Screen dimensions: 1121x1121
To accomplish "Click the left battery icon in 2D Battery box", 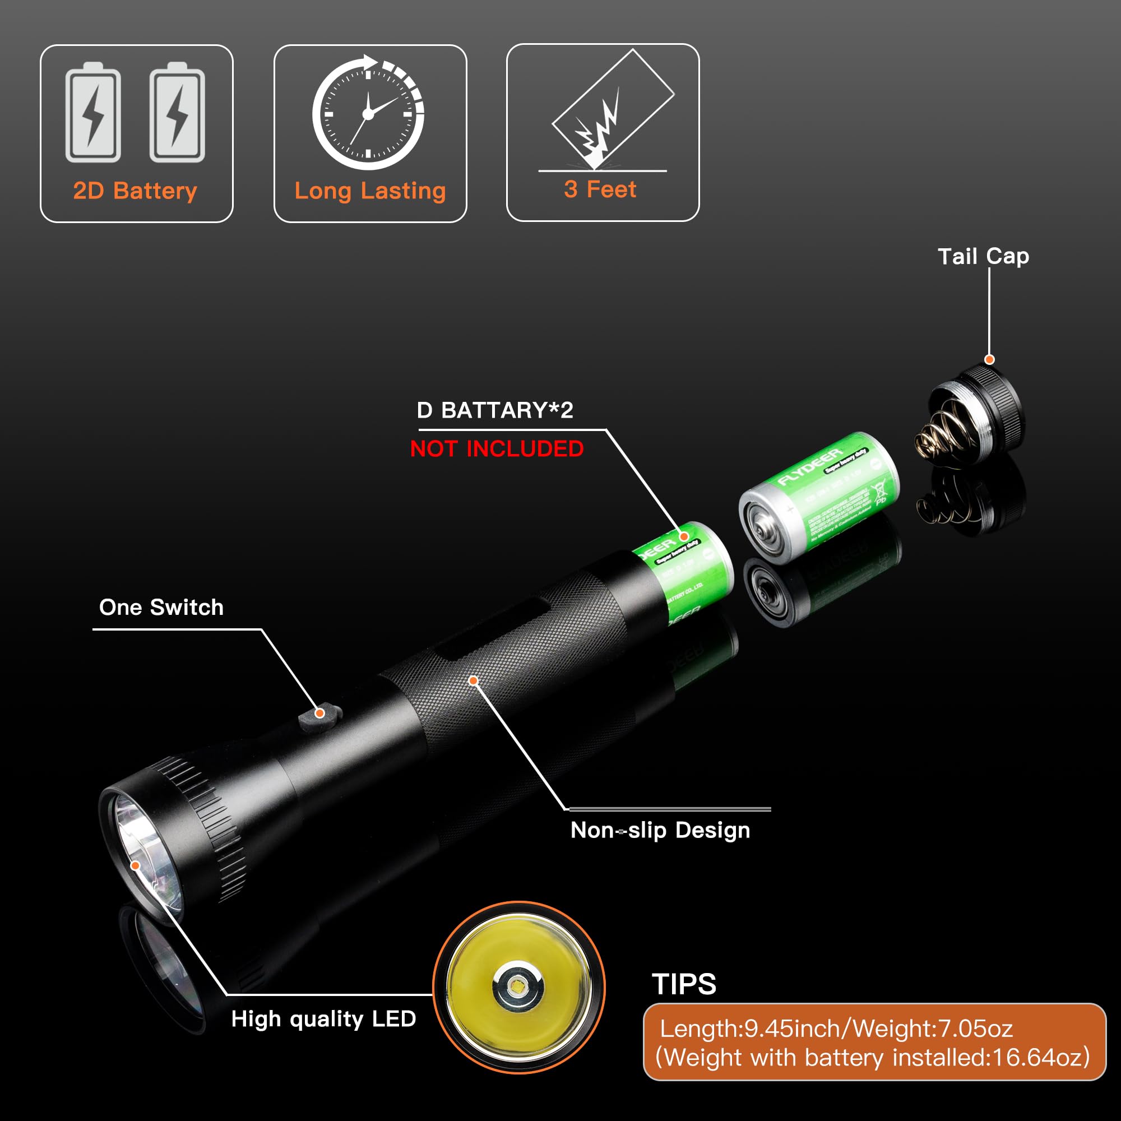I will coord(93,113).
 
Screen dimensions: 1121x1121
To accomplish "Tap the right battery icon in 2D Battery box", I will coord(177,113).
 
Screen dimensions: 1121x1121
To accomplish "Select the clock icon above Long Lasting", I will coord(368,113).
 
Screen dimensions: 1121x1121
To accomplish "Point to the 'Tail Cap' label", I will coord(983,256).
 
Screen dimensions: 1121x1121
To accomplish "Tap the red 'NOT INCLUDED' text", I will coord(497,449).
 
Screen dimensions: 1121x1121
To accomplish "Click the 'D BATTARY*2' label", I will coord(495,410).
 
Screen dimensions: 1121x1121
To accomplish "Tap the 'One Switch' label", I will coord(161,608).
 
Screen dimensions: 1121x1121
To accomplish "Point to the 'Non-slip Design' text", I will coord(660,830).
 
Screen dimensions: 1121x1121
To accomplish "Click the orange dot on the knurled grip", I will coord(474,680).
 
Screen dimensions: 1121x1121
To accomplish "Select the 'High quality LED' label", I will coord(323,1019).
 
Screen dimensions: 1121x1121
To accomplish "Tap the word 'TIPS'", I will coord(683,984).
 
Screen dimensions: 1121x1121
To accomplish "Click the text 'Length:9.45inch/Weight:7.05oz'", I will coord(836,1029).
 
